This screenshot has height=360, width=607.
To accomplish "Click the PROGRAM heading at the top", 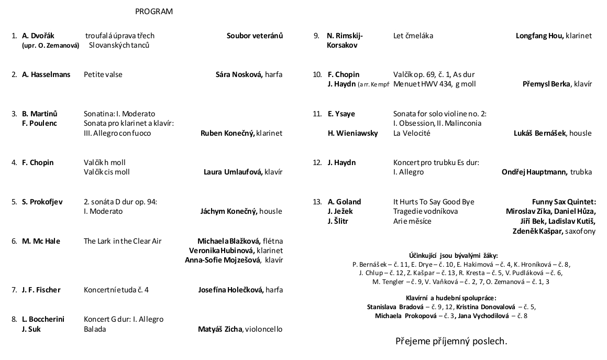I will [153, 12].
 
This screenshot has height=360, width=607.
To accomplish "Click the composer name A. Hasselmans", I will [46, 74].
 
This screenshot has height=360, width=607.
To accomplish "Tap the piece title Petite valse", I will [103, 74].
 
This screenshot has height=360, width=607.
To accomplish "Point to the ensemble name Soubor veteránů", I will [255, 36].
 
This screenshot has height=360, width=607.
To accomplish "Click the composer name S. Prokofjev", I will [42, 202].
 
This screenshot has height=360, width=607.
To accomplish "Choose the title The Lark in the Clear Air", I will [123, 241].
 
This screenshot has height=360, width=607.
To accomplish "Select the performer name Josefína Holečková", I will [230, 290].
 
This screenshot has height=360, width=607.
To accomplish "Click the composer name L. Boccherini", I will [43, 319].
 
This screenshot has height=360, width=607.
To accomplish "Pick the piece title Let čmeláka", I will [413, 36].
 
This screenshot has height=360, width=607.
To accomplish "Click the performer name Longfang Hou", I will [539, 36].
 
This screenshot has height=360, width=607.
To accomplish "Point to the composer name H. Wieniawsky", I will [352, 133].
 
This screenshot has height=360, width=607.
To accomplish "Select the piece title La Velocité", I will [412, 133].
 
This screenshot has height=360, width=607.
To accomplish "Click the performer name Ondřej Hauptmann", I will [534, 172].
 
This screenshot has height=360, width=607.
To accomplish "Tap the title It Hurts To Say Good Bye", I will [434, 202].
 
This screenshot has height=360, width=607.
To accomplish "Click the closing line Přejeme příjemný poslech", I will [451, 341].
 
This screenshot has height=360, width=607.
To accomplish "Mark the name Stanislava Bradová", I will [392, 307].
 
